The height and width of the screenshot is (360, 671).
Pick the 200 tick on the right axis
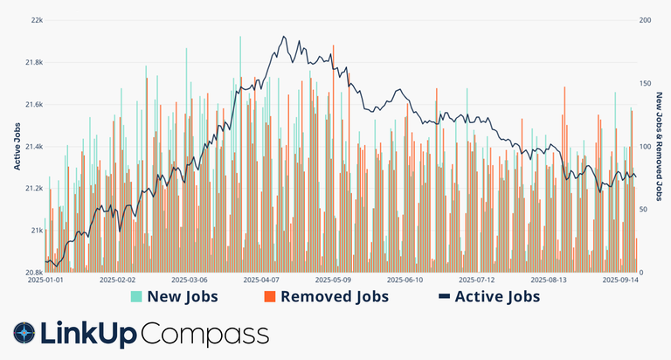point(646,20)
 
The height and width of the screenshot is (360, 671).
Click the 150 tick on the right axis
point(646,84)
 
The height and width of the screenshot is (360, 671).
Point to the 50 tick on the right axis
point(644,210)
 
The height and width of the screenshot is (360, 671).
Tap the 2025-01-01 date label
point(46,281)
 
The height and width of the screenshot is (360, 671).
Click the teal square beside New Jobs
point(135,297)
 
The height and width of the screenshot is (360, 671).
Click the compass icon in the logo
point(24,334)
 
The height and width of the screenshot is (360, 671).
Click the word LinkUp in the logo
point(88,334)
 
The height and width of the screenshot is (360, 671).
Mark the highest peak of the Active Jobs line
point(284,37)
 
